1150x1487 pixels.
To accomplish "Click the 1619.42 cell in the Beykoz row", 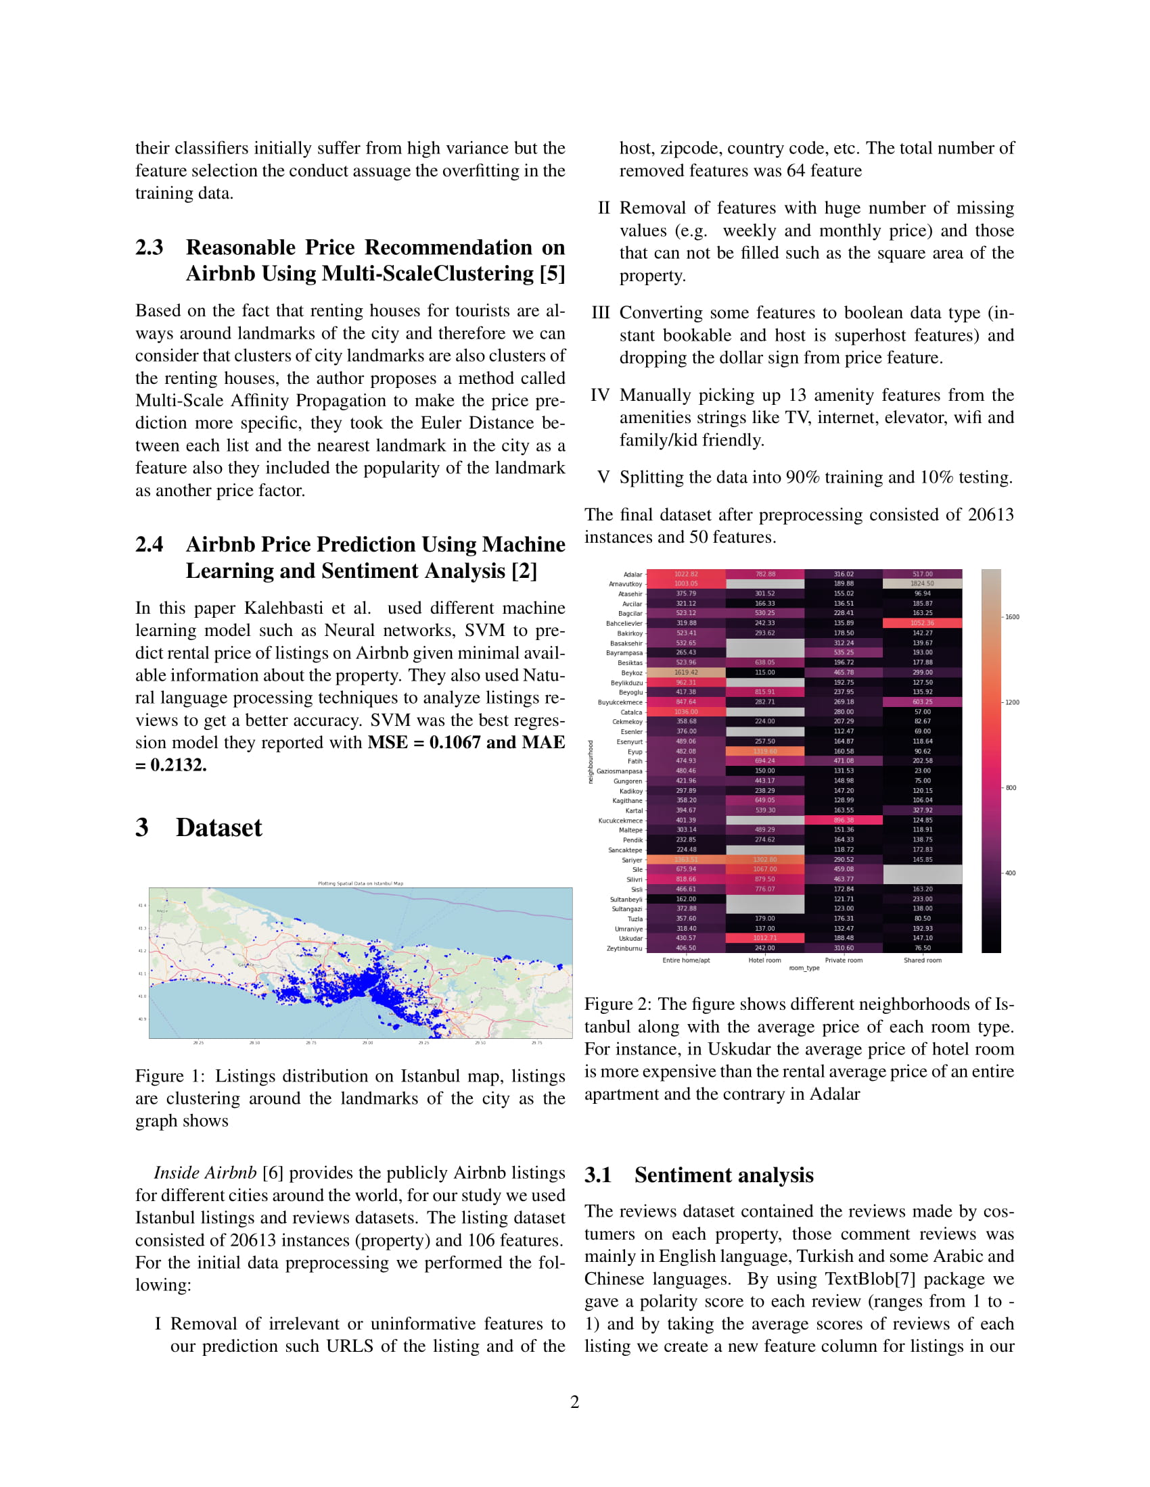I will pos(685,673).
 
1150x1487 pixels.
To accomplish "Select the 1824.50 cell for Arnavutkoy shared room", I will pos(922,583).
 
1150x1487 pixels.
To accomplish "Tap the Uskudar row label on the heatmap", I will pos(630,938).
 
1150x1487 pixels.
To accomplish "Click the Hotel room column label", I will pos(764,960).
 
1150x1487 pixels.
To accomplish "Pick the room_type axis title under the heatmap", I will pos(804,968).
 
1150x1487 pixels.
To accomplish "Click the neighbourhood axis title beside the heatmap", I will pos(591,761).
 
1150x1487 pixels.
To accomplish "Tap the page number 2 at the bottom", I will pos(574,1402).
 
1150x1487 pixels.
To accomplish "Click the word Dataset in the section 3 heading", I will pos(218,828).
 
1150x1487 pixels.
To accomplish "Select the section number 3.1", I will pos(597,1175).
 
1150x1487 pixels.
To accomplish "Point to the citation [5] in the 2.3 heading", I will pos(552,274).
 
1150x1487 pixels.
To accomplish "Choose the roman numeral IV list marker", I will pos(599,395).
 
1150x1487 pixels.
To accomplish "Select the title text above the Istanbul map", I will pos(361,884).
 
